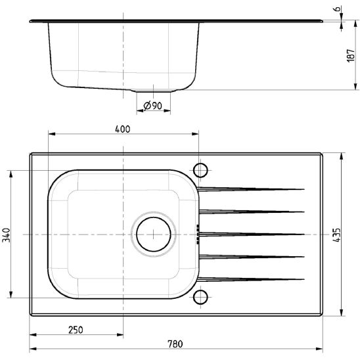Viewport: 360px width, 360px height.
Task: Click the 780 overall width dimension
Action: point(175,344)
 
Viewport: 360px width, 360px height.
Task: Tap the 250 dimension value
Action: point(76,330)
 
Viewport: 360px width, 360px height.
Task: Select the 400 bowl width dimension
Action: point(123,129)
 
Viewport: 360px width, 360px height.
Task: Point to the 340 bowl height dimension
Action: point(6,235)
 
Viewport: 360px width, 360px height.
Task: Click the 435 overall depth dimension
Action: point(336,235)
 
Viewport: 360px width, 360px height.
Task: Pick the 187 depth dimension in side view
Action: point(351,55)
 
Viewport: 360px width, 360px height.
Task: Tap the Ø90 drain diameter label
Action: point(152,106)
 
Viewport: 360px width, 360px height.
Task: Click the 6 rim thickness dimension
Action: point(337,9)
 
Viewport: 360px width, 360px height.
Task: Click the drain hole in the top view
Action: point(154,235)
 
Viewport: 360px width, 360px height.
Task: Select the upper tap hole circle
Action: point(200,170)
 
